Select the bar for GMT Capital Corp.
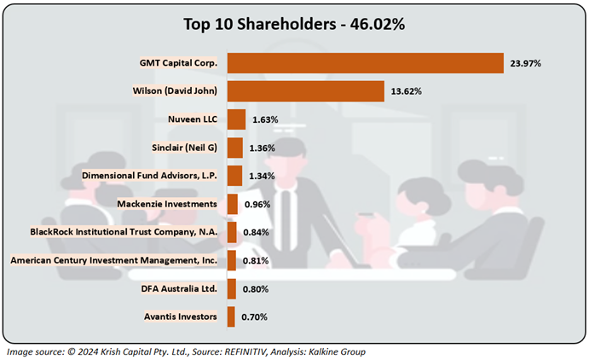366,63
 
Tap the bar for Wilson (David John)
306,91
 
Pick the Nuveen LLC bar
237,119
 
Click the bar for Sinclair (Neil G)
235,148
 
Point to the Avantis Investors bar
231,317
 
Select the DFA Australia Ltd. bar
232,289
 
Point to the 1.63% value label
265,119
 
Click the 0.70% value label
255,317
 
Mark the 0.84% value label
257,233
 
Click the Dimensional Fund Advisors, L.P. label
150,176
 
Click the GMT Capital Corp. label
178,63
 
